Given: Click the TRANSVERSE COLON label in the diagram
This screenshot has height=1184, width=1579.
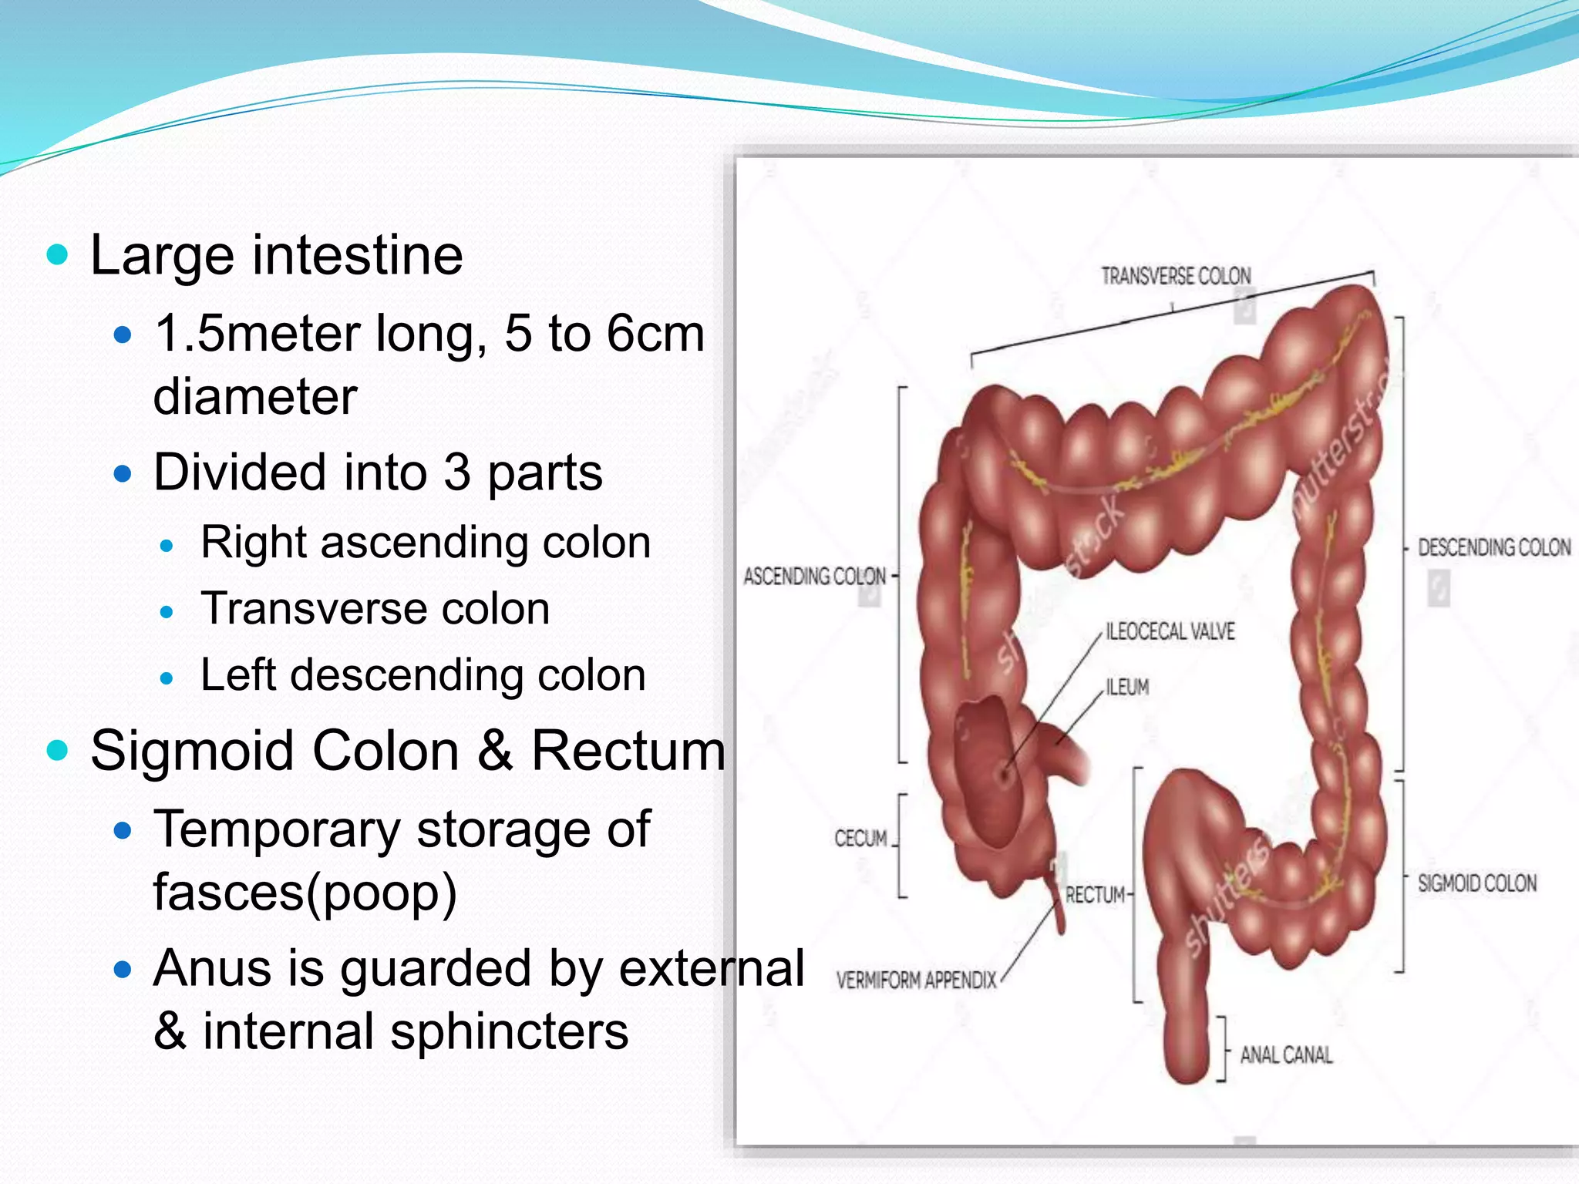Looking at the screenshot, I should (1176, 276).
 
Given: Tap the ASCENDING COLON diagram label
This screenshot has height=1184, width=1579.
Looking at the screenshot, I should (814, 577).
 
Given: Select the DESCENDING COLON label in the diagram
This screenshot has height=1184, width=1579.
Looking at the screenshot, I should (1493, 547).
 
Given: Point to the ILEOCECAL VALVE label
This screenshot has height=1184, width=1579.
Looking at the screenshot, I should (1170, 631).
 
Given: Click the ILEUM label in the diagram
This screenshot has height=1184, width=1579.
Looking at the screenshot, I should (1127, 687).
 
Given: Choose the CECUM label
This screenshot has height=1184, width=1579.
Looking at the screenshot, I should (860, 838).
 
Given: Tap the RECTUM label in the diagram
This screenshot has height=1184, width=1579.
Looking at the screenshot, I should (1095, 895).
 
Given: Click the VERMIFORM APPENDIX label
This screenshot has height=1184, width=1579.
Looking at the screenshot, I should (916, 980).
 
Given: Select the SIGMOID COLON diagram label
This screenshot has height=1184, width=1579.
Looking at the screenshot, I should (1476, 883).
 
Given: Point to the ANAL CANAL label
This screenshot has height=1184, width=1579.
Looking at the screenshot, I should (1286, 1054).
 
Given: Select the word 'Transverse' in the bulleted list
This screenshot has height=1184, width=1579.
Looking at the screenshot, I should (298, 609).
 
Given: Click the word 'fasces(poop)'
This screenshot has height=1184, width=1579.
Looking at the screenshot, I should (305, 893).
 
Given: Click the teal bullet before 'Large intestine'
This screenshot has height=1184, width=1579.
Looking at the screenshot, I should (58, 255).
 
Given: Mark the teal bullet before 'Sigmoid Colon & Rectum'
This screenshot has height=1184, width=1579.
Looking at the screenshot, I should (58, 750).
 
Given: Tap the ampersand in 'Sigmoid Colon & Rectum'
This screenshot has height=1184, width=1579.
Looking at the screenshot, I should (495, 751).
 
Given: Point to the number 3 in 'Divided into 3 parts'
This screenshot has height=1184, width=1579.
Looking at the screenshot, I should (456, 473).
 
